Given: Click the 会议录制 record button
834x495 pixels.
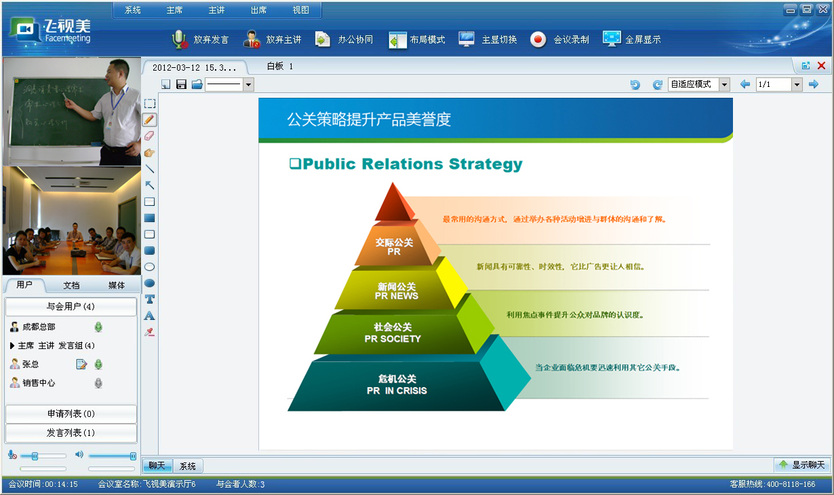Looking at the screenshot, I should [x=559, y=39].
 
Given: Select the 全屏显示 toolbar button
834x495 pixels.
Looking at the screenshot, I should [x=631, y=39].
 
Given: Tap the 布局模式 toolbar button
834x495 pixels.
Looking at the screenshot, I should [x=416, y=39].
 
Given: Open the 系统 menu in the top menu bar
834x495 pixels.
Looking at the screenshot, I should [x=133, y=10].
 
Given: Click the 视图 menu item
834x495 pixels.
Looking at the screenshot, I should [x=300, y=10].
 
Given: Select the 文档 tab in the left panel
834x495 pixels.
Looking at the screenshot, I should [x=71, y=285].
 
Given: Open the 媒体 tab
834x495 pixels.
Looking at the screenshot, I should [x=117, y=285].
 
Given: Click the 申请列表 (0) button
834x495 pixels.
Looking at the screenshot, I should [x=71, y=414].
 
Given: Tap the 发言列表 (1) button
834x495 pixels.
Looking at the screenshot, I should [x=71, y=433].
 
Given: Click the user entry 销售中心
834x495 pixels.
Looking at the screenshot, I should [x=39, y=383].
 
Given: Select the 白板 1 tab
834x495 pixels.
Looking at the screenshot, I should [x=280, y=67].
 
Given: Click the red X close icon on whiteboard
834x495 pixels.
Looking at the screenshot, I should [x=821, y=66].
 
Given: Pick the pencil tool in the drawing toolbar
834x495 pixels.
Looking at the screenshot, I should [x=150, y=120].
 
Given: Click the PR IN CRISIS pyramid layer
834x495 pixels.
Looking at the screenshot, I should [x=397, y=384].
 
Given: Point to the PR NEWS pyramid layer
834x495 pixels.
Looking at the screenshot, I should [x=397, y=291].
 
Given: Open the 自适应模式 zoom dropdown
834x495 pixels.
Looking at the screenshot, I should [x=724, y=84].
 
